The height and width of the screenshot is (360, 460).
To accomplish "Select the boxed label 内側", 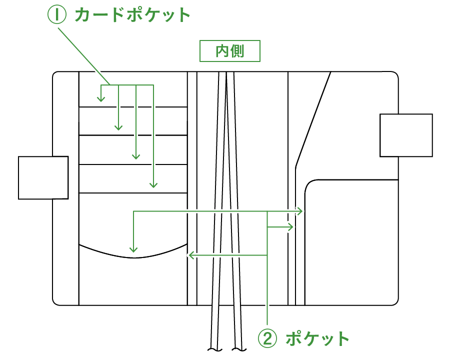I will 230,51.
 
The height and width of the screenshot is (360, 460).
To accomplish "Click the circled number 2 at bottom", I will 267,338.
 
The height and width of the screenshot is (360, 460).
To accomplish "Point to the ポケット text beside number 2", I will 317,338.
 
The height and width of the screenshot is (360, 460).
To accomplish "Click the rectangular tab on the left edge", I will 43,177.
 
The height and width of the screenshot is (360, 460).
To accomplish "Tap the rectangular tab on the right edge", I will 406,135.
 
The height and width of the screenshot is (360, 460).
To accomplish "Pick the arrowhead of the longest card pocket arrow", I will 153,185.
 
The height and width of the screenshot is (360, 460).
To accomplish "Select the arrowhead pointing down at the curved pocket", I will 133,249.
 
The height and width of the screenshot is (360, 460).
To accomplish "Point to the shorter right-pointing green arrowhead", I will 292,227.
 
